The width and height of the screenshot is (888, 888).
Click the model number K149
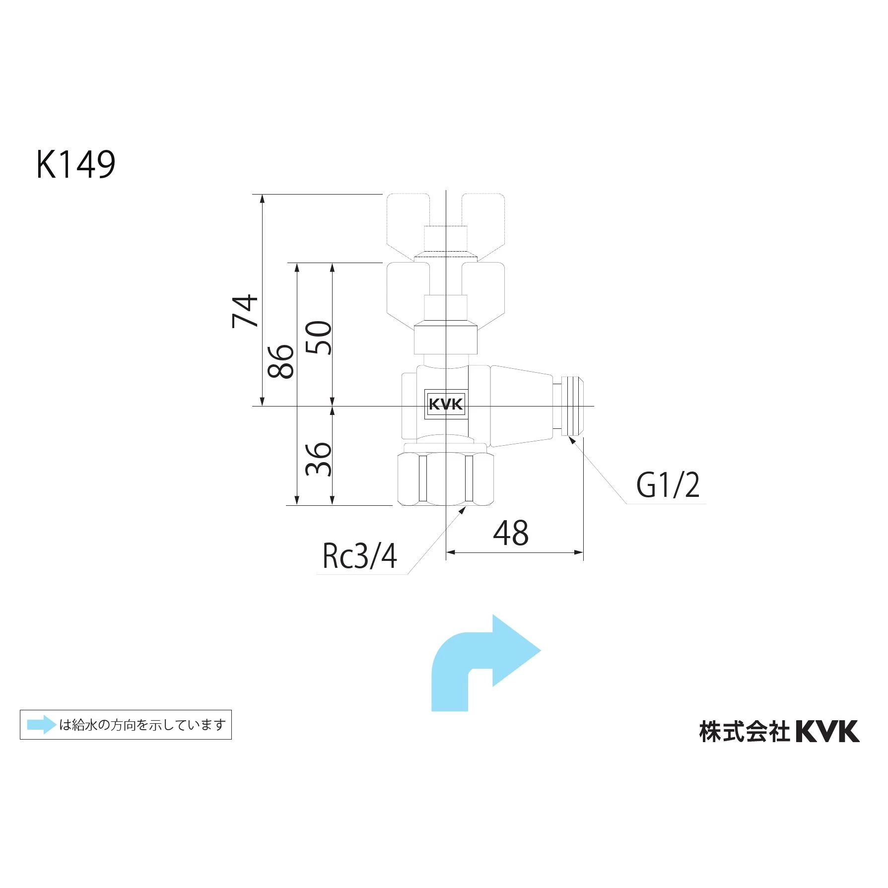tap(76, 165)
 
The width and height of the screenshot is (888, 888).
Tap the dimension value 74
tap(245, 311)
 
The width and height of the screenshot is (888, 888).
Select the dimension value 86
tap(281, 361)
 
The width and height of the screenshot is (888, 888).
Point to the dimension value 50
tap(319, 338)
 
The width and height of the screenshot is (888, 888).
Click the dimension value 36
tap(319, 459)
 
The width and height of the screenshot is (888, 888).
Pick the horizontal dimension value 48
tap(511, 534)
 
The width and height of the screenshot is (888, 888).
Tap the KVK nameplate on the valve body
tap(446, 404)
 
